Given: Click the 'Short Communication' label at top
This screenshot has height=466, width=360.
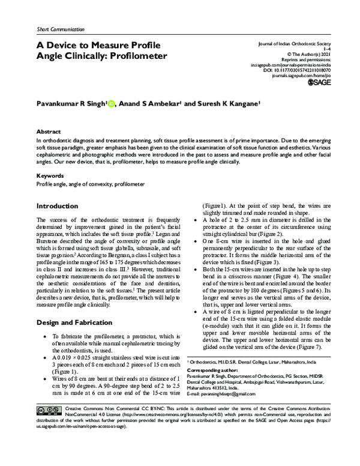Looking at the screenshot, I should [x=53, y=29].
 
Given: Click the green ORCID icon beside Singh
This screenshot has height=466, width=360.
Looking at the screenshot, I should [x=112, y=103].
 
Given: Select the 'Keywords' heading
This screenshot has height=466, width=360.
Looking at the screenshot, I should [x=50, y=176].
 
